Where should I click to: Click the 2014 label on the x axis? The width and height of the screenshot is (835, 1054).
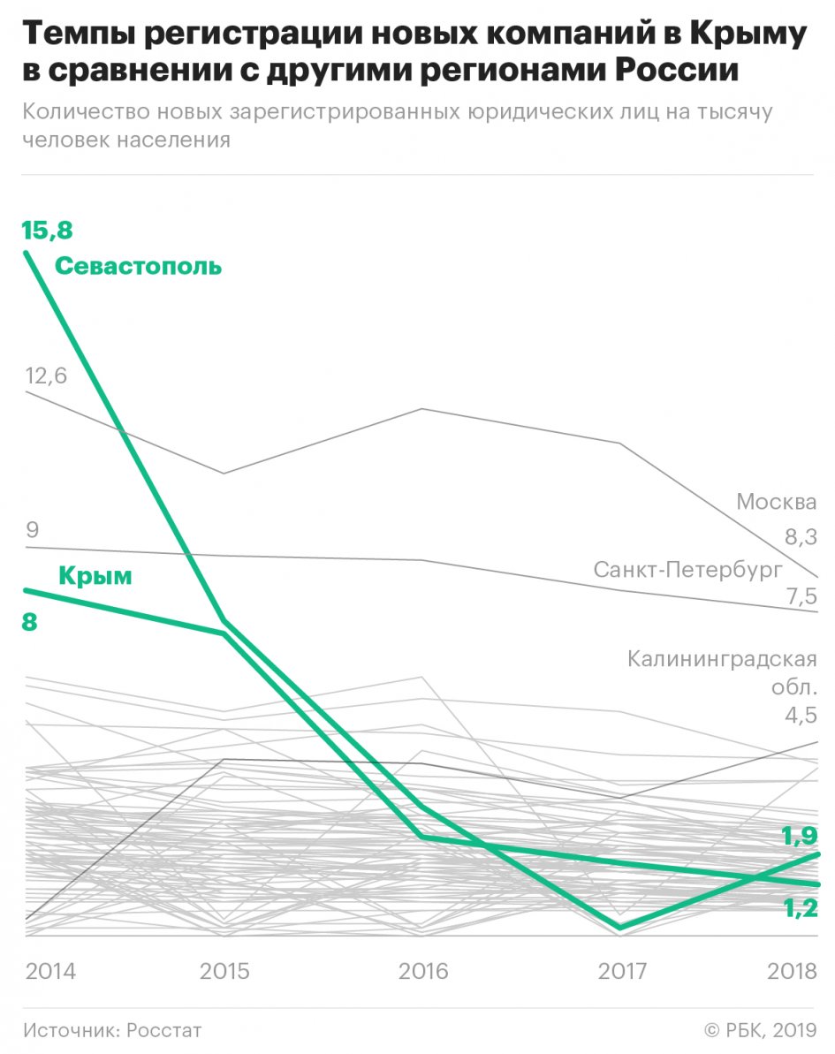click(x=50, y=971)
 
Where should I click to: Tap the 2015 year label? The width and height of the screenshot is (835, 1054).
click(x=224, y=971)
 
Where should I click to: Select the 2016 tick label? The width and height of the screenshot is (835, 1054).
click(x=423, y=971)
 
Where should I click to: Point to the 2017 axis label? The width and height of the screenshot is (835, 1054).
click(x=623, y=971)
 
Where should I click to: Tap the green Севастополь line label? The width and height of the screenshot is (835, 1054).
click(x=139, y=266)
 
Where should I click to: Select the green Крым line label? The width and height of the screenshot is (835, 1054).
click(x=95, y=577)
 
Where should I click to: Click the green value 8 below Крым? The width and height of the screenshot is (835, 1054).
click(x=30, y=622)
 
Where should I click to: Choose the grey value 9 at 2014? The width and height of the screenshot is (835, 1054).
click(x=33, y=530)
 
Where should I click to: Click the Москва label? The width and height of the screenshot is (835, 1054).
click(x=777, y=503)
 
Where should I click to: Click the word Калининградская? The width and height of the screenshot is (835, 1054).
click(x=722, y=659)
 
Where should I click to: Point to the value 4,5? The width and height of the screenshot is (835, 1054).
click(x=801, y=716)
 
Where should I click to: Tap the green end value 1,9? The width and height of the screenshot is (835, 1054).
click(x=799, y=836)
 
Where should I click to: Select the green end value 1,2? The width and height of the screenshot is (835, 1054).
click(x=799, y=909)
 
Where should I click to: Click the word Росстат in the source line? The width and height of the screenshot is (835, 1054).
click(x=164, y=1030)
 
